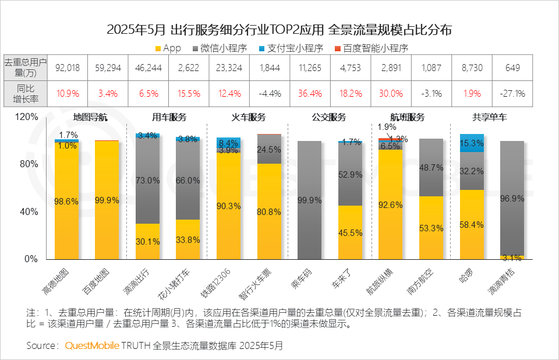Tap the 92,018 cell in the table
(67, 68)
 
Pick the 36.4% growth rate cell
(310, 93)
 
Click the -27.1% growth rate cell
(512, 93)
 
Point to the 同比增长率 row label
(25, 93)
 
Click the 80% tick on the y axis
(29, 164)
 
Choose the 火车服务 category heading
(249, 117)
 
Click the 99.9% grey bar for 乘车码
(309, 200)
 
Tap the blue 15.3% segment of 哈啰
(472, 143)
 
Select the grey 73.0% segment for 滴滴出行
(147, 181)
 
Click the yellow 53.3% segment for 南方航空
(431, 228)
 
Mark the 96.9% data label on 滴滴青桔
(512, 198)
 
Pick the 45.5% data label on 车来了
(350, 232)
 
